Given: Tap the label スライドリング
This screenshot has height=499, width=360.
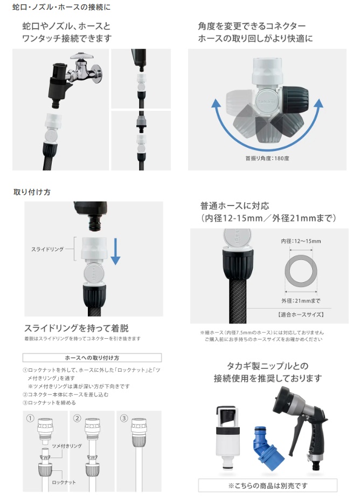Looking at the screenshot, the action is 47,249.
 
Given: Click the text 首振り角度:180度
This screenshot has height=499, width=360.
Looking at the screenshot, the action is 267,158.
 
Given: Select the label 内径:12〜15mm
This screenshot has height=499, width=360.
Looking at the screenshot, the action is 301,241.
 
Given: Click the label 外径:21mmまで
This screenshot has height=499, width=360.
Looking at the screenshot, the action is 301,300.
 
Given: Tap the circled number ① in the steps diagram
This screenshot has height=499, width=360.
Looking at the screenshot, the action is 30,418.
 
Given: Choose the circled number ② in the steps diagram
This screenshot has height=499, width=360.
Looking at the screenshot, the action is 77,418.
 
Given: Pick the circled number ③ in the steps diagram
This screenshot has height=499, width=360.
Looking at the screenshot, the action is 124,418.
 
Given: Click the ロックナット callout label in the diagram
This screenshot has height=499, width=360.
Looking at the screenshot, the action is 64,482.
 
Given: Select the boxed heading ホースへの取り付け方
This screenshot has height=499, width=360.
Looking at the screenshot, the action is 92,358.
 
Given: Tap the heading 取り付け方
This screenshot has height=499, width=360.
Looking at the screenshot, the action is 32,192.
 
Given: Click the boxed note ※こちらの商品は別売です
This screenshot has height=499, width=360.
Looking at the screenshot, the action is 267,486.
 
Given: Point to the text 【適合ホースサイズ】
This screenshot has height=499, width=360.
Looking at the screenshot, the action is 301,315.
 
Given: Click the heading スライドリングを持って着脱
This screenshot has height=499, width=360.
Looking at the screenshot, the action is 77,328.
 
